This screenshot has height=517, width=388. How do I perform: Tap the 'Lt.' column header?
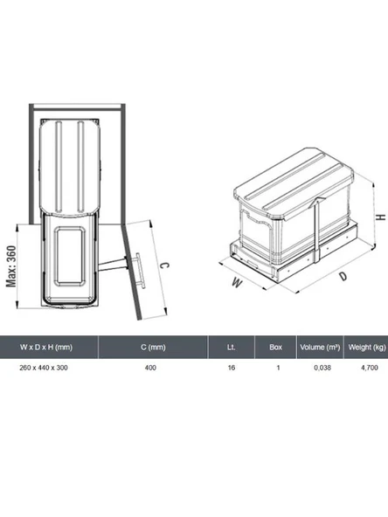tap(231, 348)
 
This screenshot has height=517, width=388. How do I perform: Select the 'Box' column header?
tap(276, 348)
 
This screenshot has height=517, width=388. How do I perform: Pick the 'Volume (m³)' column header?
tap(320, 348)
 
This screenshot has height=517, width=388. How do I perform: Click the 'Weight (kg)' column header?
tap(366, 348)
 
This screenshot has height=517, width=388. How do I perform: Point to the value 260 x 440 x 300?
tap(44, 368)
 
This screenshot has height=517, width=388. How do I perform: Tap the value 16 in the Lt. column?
tap(231, 368)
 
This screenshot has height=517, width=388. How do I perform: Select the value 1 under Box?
tap(276, 368)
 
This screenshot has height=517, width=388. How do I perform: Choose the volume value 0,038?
tap(320, 368)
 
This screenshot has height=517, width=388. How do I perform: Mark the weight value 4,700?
tap(366, 368)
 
